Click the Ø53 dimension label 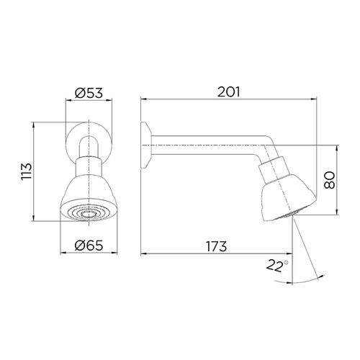[x=89, y=93]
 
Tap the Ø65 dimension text [x=89, y=246]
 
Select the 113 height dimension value [x=27, y=171]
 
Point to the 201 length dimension [x=229, y=91]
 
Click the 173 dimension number [x=216, y=246]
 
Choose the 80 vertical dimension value [x=329, y=180]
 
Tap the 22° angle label [x=277, y=265]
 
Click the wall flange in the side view [x=146, y=145]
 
